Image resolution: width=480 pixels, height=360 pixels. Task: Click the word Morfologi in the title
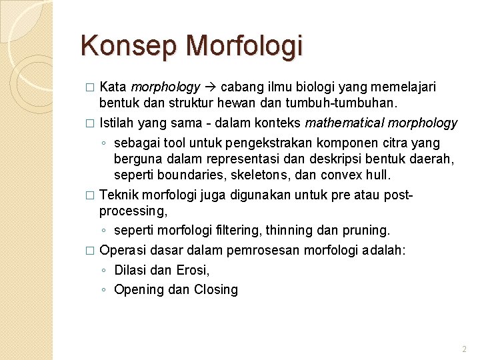(245, 47)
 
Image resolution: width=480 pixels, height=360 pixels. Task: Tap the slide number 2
(464, 349)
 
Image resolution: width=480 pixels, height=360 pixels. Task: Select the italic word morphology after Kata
(165, 87)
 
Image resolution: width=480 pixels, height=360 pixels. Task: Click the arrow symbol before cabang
(211, 87)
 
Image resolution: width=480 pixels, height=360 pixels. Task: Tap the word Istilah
(117, 123)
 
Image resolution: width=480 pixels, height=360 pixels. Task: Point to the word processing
(133, 211)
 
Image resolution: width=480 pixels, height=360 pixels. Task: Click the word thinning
(289, 230)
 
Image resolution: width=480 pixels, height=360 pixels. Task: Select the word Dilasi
(131, 270)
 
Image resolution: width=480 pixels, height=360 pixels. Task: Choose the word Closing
(216, 289)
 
